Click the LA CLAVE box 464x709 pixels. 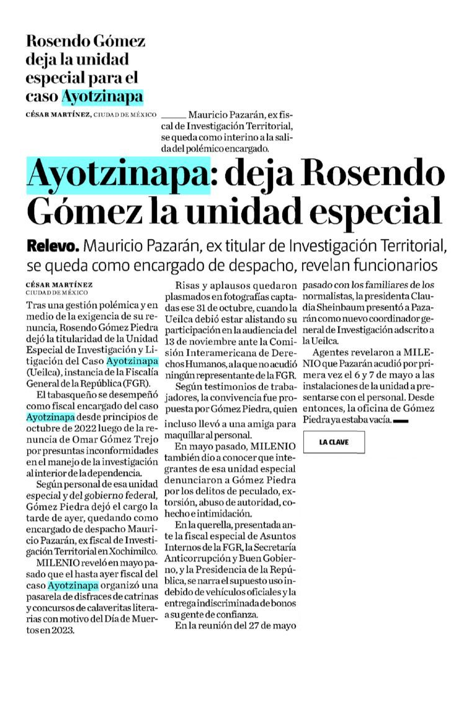(x=333, y=442)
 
